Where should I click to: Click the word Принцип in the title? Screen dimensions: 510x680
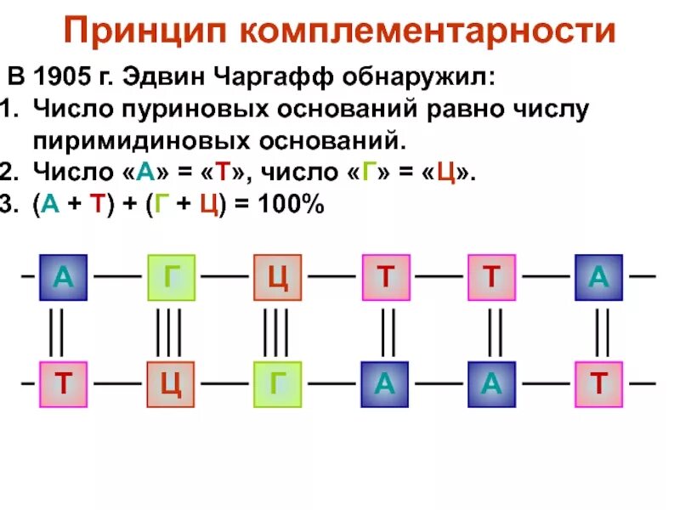tap(146, 32)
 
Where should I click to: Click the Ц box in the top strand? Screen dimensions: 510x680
tap(277, 277)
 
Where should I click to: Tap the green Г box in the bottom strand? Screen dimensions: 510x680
tap(277, 384)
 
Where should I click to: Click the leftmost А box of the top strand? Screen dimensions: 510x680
tap(63, 277)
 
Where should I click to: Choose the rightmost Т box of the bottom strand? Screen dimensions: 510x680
tap(598, 384)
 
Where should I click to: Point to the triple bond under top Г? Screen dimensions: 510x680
tap(169, 331)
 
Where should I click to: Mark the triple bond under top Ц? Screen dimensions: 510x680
tap(276, 331)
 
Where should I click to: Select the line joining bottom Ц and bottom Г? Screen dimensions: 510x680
tap(224, 384)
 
